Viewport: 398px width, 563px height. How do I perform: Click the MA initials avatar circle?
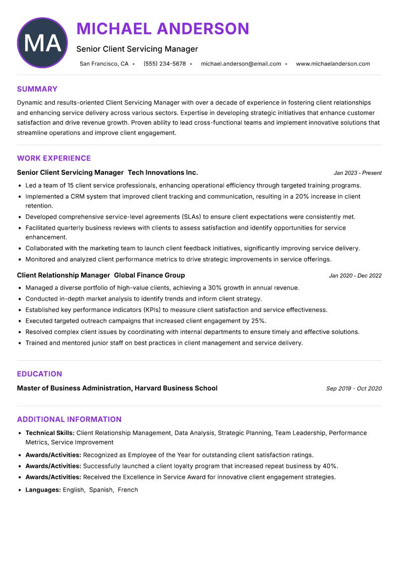click(x=42, y=43)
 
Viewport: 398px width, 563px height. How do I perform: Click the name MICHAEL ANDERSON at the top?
click(x=163, y=29)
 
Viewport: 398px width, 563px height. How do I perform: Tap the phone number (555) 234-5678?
click(x=165, y=64)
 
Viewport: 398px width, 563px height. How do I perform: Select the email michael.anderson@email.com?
click(x=241, y=64)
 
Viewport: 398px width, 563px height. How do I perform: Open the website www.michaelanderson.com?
click(x=333, y=64)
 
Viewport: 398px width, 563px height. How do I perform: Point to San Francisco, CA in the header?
click(x=104, y=64)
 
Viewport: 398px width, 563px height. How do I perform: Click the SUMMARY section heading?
click(x=37, y=89)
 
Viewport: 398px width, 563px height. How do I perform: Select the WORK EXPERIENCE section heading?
click(x=54, y=158)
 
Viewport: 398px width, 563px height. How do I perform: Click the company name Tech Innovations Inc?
click(x=163, y=172)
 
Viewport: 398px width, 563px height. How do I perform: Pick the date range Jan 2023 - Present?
click(x=357, y=173)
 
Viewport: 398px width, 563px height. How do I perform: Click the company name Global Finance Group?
click(x=149, y=275)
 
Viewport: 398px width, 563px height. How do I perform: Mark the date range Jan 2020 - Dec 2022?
click(x=355, y=276)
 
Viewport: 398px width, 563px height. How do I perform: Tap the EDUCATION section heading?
click(x=39, y=374)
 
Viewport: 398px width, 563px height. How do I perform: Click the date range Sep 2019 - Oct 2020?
click(x=354, y=389)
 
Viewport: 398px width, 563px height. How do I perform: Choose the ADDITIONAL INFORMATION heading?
click(x=69, y=420)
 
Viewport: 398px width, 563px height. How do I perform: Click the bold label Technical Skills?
click(x=50, y=433)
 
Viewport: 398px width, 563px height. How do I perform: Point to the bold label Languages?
click(x=43, y=490)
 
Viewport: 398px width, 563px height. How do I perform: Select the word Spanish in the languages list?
click(x=101, y=490)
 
